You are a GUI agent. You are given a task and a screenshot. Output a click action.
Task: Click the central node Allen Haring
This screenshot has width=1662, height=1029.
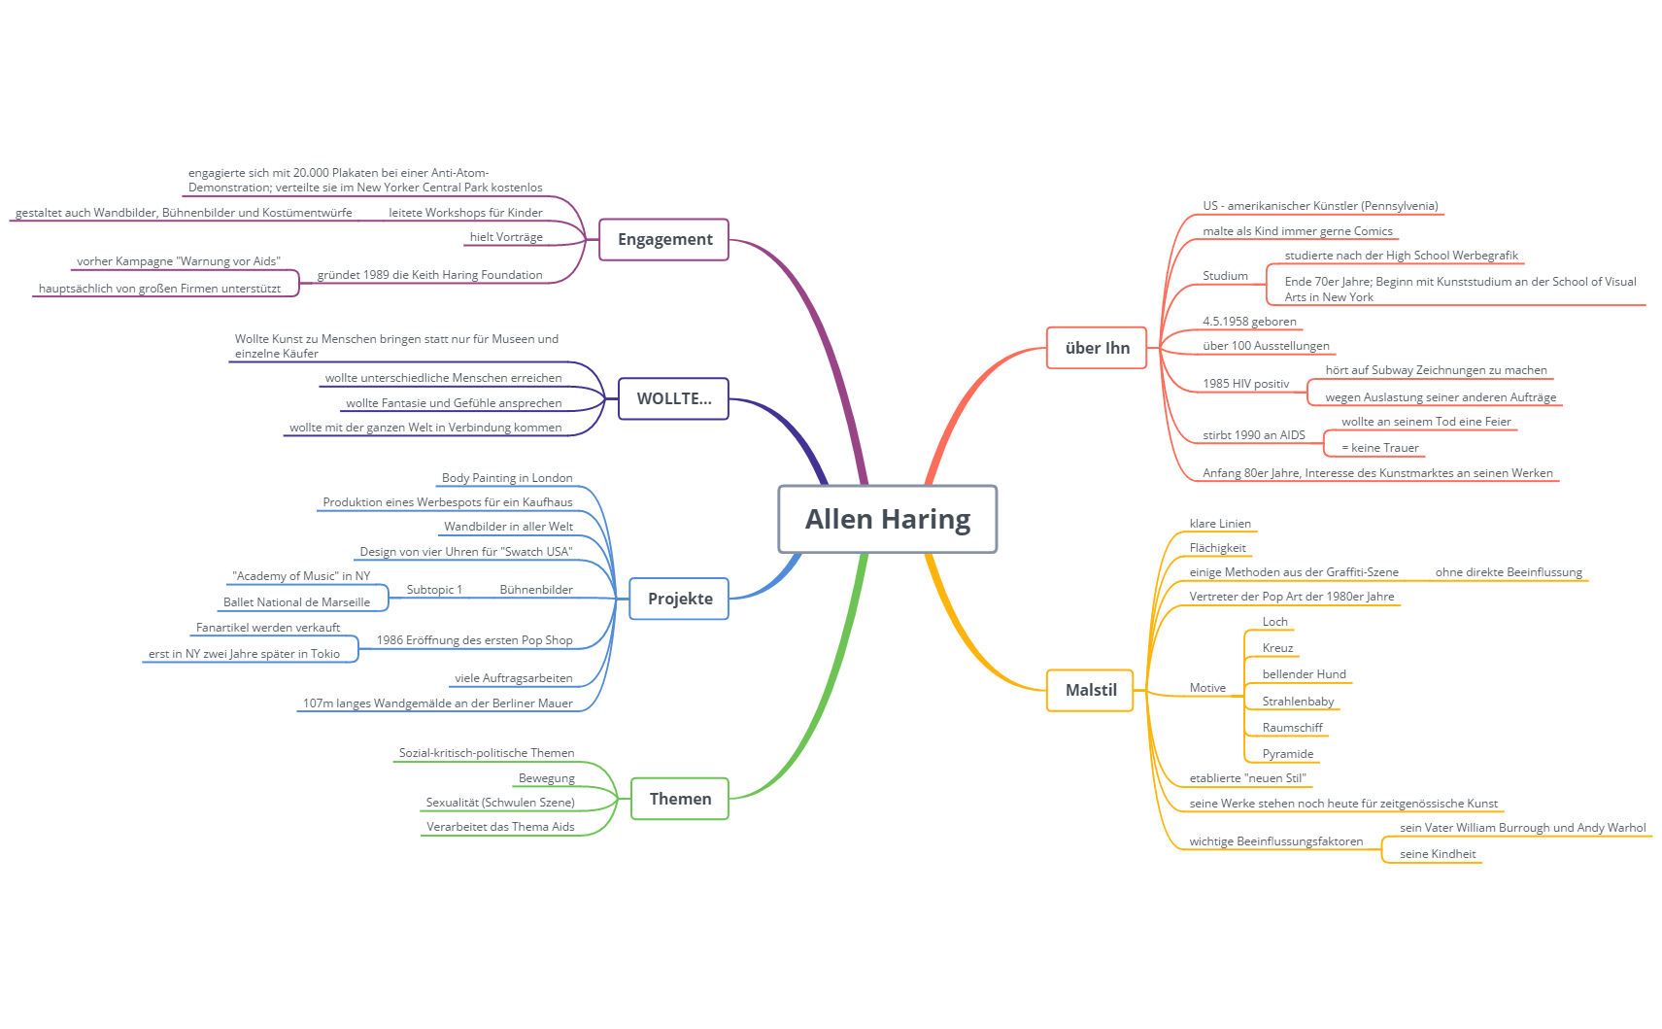[887, 519]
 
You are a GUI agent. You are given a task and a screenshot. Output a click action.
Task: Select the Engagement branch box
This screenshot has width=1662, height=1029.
[664, 239]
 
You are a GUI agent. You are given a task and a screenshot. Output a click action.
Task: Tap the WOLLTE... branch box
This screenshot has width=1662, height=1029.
[673, 398]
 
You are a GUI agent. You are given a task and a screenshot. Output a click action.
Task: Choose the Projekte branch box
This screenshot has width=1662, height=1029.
[680, 599]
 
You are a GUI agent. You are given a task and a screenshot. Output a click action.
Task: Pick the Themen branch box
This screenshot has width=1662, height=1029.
[680, 799]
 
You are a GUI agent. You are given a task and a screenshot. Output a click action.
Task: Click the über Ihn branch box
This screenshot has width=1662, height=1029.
[1097, 348]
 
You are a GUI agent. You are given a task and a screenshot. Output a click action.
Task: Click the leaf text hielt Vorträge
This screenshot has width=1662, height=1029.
[506, 237]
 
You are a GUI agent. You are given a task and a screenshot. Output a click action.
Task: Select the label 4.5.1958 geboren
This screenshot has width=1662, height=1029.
[1249, 322]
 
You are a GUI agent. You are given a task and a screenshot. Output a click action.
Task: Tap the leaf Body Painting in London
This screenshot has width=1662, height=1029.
[507, 478]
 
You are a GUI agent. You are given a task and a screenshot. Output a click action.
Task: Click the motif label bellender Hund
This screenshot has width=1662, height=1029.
[1304, 674]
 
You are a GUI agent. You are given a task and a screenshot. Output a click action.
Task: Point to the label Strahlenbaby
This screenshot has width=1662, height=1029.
[1298, 702]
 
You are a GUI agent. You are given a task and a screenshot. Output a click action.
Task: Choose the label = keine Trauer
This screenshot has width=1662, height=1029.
[1379, 448]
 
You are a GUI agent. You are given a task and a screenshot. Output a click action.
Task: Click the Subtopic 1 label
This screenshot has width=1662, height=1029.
[434, 590]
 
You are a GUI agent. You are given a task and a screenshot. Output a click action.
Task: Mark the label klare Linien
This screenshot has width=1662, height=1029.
[1220, 524]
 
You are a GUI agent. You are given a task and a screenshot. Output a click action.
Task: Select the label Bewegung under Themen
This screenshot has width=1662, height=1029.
[546, 778]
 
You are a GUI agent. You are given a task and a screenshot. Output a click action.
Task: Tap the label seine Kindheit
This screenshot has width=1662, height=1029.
[1437, 854]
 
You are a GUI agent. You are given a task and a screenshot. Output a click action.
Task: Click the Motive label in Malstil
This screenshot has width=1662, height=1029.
[1207, 688]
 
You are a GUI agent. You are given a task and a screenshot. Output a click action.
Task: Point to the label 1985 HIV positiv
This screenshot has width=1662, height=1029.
[1245, 384]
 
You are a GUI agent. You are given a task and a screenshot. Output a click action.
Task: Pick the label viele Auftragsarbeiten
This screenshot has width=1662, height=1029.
[513, 678]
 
